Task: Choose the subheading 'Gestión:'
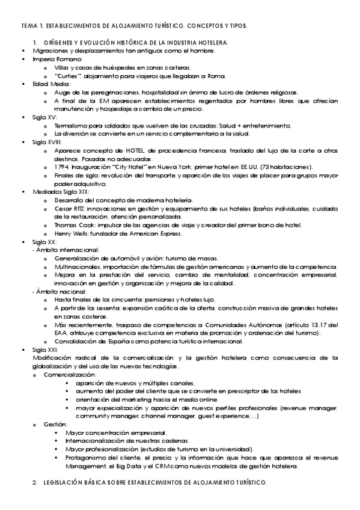pyautogui.click(x=55, y=424)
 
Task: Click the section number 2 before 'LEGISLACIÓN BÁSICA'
pyautogui.click(x=35, y=482)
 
